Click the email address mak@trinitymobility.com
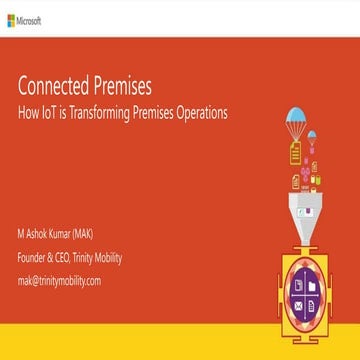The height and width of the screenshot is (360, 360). click(59, 280)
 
